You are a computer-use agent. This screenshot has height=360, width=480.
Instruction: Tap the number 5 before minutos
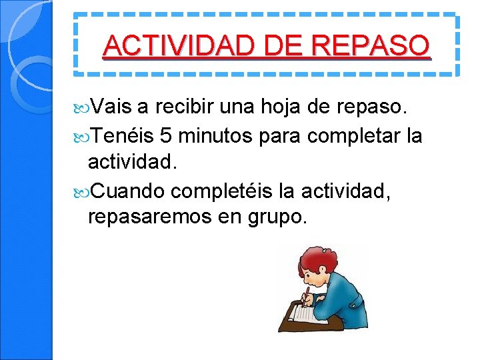click(x=167, y=136)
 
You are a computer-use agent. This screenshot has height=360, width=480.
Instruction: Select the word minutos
click(x=214, y=136)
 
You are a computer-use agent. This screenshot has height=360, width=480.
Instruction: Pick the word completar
click(x=354, y=136)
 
